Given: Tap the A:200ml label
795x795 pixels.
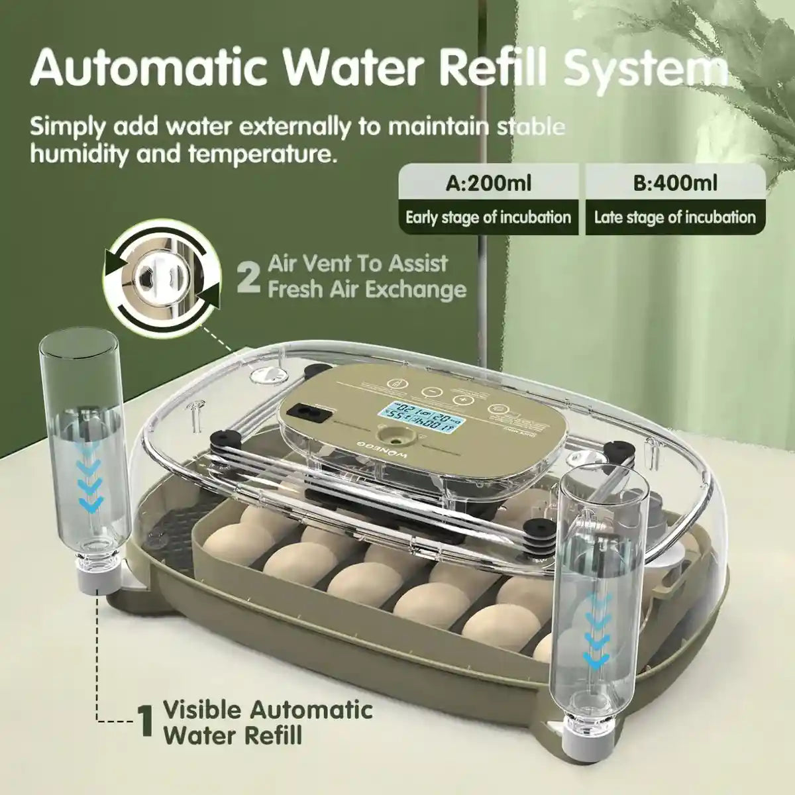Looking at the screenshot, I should pyautogui.click(x=488, y=182).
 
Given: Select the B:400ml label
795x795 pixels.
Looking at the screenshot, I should pyautogui.click(x=674, y=182).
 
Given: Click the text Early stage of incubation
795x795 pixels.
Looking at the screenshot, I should pyautogui.click(x=488, y=217).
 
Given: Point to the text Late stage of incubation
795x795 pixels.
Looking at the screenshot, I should pyautogui.click(x=674, y=217).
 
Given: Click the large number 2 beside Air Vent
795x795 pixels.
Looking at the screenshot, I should pyautogui.click(x=248, y=278).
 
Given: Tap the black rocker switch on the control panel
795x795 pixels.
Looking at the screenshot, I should pyautogui.click(x=314, y=413).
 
